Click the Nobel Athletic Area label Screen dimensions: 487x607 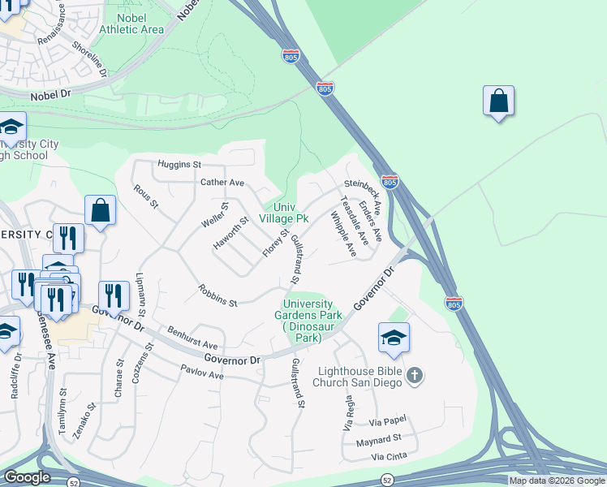[x=131, y=23]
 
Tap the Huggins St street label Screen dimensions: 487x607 [x=179, y=164]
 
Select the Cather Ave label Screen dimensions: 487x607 [x=222, y=183]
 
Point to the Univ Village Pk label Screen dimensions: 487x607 [x=284, y=213]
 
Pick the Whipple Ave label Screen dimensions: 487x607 [x=343, y=235]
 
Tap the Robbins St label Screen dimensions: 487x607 [x=217, y=296]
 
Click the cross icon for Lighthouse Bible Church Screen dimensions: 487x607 [x=414, y=374]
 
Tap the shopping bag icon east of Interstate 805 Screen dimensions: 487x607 [x=498, y=102]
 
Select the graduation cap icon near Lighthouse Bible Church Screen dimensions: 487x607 [x=394, y=338]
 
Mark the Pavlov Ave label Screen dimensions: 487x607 [x=202, y=375]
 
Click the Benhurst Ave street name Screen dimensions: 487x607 [x=192, y=338]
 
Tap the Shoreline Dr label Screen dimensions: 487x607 [x=90, y=61]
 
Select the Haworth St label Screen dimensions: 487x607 [x=231, y=232]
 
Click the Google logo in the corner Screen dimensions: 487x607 [x=27, y=477]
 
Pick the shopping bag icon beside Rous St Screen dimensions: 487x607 [x=100, y=211]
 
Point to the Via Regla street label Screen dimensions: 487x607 [x=349, y=413]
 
